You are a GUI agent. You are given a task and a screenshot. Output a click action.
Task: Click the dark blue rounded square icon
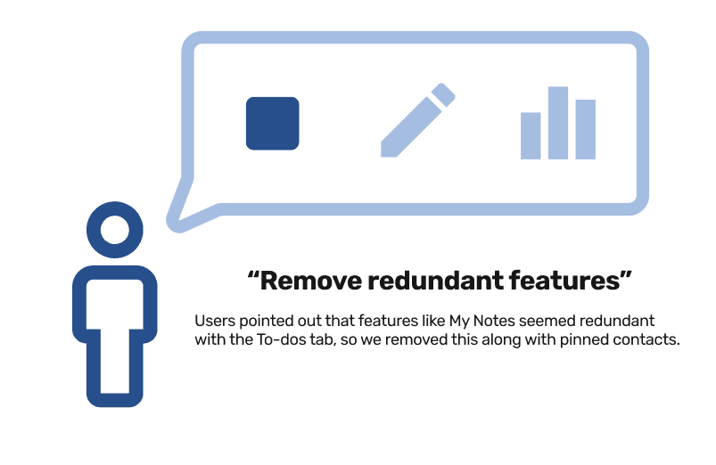pyautogui.click(x=272, y=123)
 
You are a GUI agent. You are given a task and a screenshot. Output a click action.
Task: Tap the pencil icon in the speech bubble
pyautogui.click(x=417, y=122)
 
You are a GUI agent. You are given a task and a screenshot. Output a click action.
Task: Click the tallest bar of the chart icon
pyautogui.click(x=558, y=123)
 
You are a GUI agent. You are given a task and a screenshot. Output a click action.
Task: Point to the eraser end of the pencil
pyautogui.click(x=447, y=93)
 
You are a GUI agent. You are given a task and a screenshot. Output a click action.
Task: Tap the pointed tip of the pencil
pyautogui.click(x=385, y=154)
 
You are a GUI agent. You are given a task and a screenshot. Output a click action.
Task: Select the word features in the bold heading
pyautogui.click(x=567, y=282)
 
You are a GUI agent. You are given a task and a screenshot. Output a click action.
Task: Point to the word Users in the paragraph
pyautogui.click(x=214, y=320)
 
